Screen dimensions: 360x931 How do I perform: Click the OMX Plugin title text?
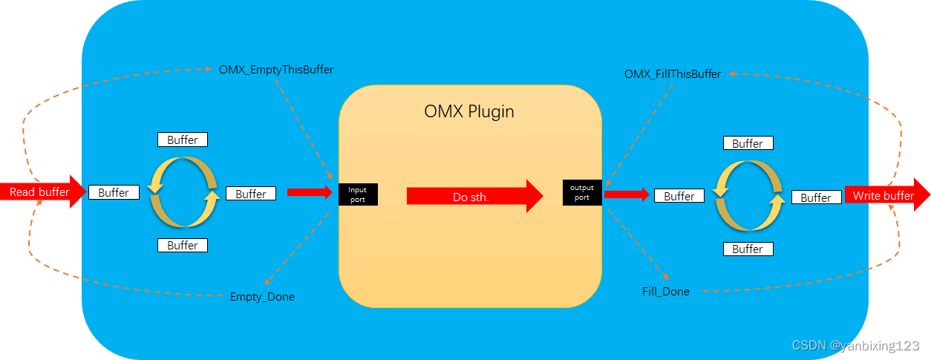coord(469,112)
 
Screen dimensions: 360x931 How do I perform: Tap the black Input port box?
coord(358,194)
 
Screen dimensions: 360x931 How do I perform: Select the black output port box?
coord(582,193)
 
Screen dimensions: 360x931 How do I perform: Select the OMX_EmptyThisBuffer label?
coord(276,70)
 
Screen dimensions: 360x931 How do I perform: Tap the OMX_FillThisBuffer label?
coord(673,74)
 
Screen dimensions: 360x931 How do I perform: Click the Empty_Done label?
coord(262,297)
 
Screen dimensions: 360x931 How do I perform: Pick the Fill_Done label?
coord(666,292)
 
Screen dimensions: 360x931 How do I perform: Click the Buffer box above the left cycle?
coord(183,140)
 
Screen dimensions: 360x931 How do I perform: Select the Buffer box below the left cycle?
coord(183,245)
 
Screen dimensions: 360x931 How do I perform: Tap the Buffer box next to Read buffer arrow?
coord(114,192)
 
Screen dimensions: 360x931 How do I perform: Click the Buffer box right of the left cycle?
coord(251,194)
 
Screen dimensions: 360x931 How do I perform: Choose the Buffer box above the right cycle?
coord(748,143)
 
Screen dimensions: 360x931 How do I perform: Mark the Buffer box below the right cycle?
coord(748,249)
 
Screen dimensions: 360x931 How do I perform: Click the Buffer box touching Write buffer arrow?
coord(816,197)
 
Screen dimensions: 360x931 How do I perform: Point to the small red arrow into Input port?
coord(309,192)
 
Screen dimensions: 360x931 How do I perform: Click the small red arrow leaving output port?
coord(626,194)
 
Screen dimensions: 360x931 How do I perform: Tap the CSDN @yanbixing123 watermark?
coord(855,346)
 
